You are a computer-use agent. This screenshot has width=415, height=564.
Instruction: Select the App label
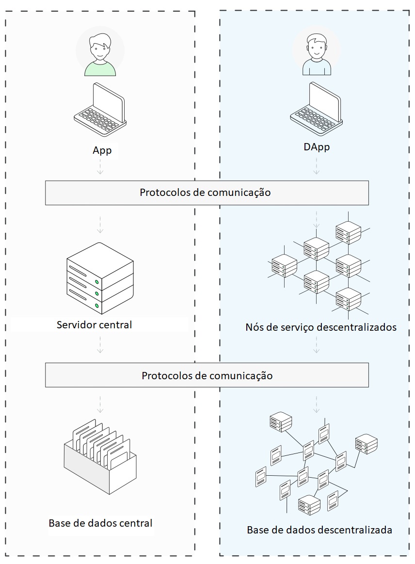coord(102,150)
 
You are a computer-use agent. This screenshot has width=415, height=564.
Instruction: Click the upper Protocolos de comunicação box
coord(207,193)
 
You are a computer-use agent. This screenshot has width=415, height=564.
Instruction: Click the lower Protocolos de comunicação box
coord(207,376)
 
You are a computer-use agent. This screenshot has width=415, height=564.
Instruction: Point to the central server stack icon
coord(99,279)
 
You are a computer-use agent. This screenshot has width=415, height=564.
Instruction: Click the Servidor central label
coord(94,324)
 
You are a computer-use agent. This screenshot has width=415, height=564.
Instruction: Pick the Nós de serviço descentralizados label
coord(321,327)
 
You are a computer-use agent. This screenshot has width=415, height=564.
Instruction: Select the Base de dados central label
coord(100,523)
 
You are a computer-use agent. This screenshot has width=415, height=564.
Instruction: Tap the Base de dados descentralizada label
coord(319,530)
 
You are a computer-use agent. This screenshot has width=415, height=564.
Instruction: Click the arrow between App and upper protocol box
coord(100,168)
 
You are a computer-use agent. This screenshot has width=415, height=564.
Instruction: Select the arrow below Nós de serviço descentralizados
coord(316,345)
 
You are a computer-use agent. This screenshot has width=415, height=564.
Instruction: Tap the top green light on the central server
coord(97,282)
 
